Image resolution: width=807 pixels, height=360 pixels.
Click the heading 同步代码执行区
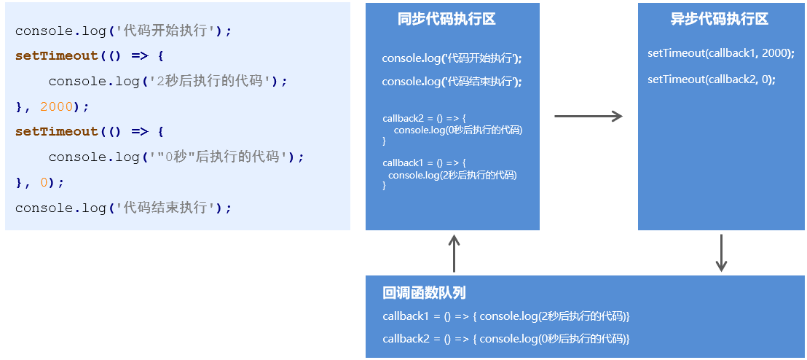click(446, 20)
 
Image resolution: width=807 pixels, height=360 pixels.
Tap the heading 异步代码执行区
click(719, 20)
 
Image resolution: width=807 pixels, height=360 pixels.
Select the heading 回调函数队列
click(424, 293)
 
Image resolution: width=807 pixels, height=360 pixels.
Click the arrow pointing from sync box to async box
click(588, 116)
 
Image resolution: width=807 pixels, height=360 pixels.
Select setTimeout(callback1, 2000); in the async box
click(720, 53)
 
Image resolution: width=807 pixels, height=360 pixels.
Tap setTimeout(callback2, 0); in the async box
click(711, 79)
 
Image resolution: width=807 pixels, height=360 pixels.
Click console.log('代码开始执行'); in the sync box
click(452, 58)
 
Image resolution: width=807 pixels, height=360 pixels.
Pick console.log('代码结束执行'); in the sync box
click(452, 81)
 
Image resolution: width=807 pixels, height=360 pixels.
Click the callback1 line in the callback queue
click(505, 316)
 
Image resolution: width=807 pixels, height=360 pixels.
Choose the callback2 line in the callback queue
click(505, 339)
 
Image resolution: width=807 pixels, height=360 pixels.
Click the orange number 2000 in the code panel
click(57, 106)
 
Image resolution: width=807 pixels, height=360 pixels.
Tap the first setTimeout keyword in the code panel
click(56, 55)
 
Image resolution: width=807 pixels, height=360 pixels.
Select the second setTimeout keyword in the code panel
click(56, 131)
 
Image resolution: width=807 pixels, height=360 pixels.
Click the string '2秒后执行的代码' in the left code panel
click(210, 81)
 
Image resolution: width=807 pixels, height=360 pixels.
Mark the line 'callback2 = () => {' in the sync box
click(423, 118)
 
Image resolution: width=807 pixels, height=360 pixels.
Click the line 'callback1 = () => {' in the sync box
click(423, 163)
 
